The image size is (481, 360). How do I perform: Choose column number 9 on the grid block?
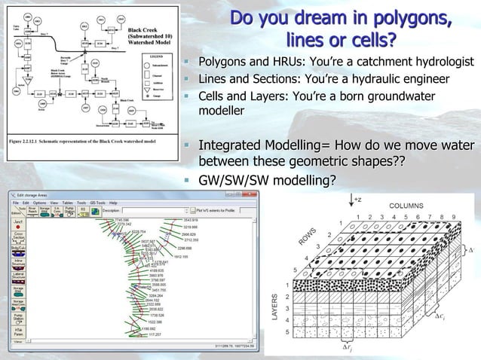(453, 217)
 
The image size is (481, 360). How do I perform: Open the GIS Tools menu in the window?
(96, 203)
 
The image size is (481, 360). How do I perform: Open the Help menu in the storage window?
(113, 203)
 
